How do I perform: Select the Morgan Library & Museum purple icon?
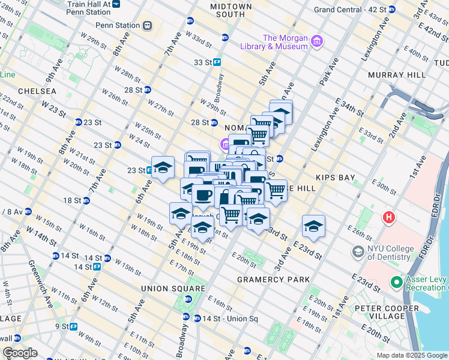(316, 41)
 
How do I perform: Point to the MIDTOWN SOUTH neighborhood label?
(231, 10)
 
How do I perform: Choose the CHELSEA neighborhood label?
(37, 91)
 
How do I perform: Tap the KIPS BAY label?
(335, 178)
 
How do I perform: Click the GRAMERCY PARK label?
(273, 280)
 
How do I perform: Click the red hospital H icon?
(390, 217)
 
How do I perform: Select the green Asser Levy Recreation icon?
(396, 281)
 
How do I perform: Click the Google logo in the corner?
(20, 353)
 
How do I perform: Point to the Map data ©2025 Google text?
(411, 355)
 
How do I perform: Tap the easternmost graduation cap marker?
(313, 226)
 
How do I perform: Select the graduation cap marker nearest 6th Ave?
(163, 168)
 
